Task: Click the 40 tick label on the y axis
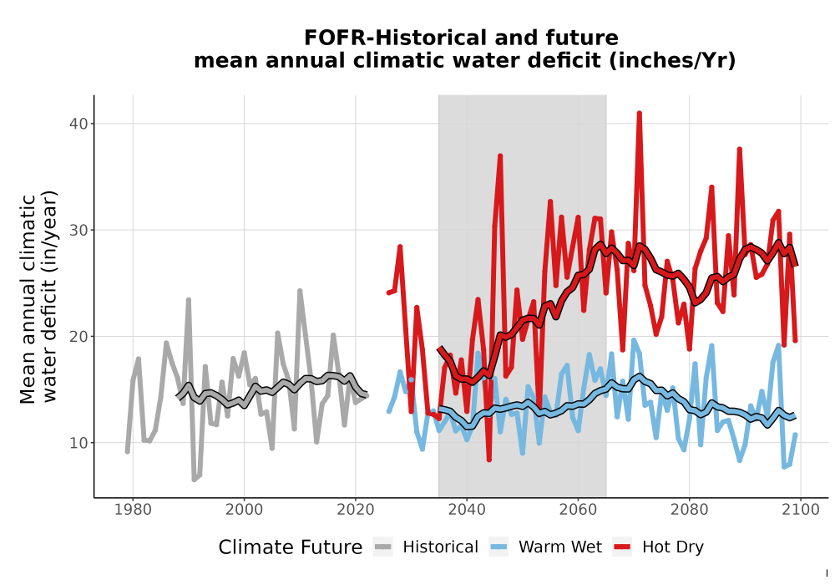tap(78, 124)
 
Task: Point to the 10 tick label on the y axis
tap(78, 443)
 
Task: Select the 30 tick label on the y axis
tap(78, 230)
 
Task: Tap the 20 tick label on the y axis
tap(78, 337)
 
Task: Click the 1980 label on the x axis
tap(133, 510)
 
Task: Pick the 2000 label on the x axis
tap(244, 510)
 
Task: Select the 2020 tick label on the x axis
tap(355, 510)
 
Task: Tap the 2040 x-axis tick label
tap(467, 510)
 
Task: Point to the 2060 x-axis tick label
tap(578, 510)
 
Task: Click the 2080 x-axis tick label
tap(689, 510)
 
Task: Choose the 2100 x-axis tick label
tap(801, 510)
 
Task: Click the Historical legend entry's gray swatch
tap(383, 547)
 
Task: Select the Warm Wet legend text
tap(560, 547)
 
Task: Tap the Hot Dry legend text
tap(673, 547)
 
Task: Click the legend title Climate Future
tap(291, 547)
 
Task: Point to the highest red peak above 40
tap(639, 114)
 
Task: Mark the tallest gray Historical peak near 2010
tap(300, 291)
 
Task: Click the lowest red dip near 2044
tap(488, 460)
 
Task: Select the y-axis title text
tap(38, 298)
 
